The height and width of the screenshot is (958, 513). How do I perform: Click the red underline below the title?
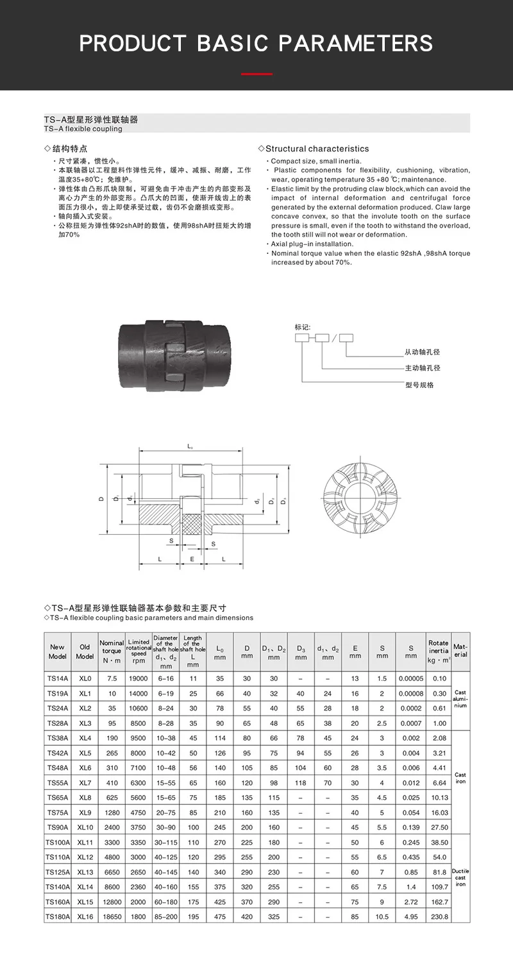click(x=256, y=74)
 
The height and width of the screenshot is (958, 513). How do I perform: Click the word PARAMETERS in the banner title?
click(x=356, y=44)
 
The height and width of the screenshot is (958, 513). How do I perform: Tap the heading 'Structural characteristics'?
click(x=317, y=149)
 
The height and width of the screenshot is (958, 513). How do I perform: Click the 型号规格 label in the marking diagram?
click(x=419, y=385)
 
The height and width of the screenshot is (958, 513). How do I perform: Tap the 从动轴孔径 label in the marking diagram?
click(x=422, y=352)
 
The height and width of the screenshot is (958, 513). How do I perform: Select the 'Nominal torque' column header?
click(x=112, y=651)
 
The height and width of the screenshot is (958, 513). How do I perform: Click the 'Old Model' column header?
click(x=85, y=651)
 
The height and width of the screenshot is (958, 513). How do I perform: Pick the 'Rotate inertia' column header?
click(x=439, y=651)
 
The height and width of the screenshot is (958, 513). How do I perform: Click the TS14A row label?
click(x=57, y=678)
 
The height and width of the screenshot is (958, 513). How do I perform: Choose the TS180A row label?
click(x=57, y=917)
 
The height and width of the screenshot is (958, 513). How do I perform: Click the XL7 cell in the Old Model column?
click(x=85, y=783)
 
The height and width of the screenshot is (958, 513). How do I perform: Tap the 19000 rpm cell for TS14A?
click(x=139, y=678)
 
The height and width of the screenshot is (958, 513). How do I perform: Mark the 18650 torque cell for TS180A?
click(x=112, y=917)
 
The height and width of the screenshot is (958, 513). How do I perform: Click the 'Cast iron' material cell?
click(x=460, y=778)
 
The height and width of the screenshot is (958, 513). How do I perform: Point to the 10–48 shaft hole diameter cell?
click(x=165, y=768)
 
